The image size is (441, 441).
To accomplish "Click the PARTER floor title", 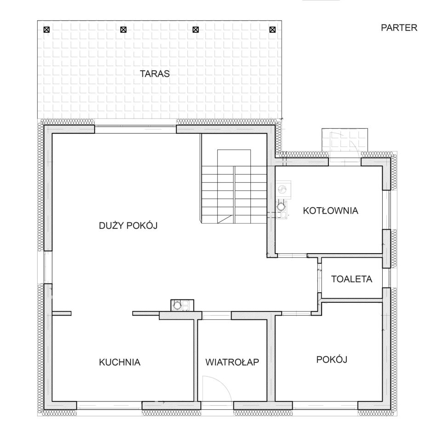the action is tap(399, 28).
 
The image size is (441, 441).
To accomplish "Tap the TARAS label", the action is tap(155, 73).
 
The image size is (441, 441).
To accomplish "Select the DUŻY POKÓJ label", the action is tap(128, 225).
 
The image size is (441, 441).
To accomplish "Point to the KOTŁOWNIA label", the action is tap(330, 211).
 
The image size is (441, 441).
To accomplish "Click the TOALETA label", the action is tap(351, 279).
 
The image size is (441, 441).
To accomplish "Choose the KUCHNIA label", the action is tap(119, 362).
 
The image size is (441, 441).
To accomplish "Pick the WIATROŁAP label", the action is tap(232, 362).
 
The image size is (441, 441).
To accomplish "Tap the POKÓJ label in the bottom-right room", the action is tap(332, 359).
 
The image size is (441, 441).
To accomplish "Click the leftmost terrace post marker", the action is tap(47, 29).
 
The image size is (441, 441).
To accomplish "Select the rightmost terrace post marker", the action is tap(272, 29).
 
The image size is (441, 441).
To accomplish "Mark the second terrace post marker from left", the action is tap(123, 29).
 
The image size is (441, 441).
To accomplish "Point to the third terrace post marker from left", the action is tap(196, 29).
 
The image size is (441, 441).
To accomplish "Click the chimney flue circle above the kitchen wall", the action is tap(177, 305).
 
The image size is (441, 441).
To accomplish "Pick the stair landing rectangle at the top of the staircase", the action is tap(234, 158).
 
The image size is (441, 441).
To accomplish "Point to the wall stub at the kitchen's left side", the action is tap(62, 313).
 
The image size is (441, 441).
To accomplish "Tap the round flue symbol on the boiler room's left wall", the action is tap(280, 207).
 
